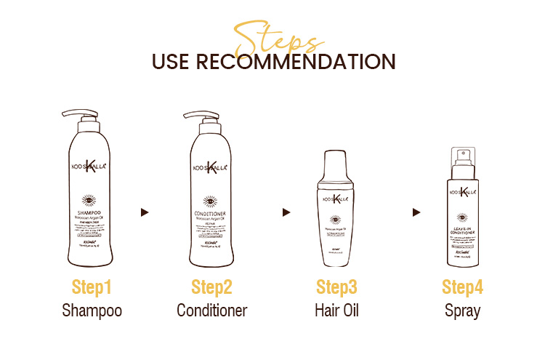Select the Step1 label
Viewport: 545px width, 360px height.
coord(92,287)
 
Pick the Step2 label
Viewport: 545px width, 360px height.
coord(211,287)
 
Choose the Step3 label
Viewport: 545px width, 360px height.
coord(336,287)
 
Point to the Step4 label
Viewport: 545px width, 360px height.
coord(462,287)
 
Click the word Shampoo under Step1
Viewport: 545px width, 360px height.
coord(92,311)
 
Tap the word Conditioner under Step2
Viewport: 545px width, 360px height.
coord(211,311)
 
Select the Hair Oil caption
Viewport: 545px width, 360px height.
coord(336,311)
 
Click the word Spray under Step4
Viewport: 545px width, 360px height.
coord(462,311)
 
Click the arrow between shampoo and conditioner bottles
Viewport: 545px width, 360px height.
coord(145,212)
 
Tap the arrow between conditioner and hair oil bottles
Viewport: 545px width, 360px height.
coord(286,212)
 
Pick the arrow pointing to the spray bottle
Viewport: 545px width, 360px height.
coord(416,212)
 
